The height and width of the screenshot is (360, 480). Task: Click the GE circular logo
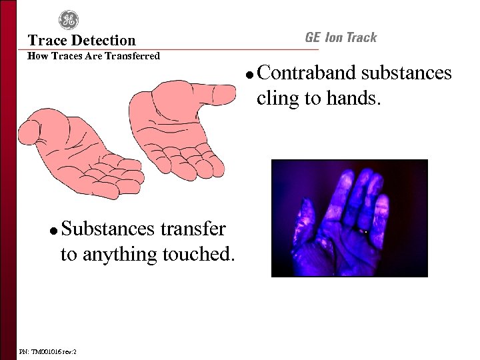click(69, 20)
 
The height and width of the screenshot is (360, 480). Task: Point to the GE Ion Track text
click(341, 37)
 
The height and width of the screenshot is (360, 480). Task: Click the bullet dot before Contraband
click(247, 74)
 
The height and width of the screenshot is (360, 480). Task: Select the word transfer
click(193, 229)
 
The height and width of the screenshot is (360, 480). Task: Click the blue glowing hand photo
click(349, 218)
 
